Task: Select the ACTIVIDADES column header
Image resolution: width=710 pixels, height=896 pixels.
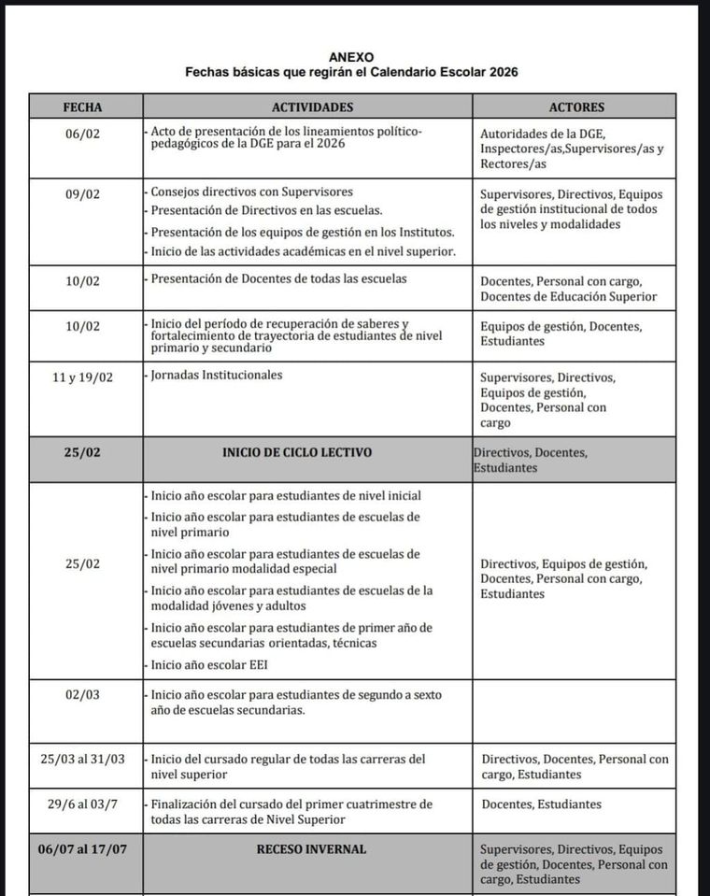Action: (312, 107)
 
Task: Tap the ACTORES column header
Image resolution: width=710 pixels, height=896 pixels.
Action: (576, 107)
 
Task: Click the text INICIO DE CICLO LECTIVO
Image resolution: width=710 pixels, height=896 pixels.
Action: (297, 453)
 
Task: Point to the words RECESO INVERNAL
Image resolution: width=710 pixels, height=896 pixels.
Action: (311, 849)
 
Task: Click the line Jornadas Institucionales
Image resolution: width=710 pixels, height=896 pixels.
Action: (217, 376)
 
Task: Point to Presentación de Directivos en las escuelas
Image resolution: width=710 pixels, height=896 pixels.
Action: (266, 211)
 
